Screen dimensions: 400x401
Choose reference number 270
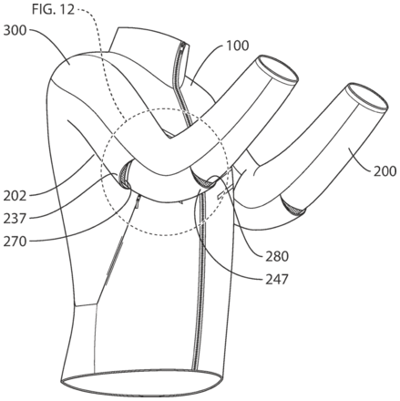(15, 242)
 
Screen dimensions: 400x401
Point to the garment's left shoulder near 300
(82, 68)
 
